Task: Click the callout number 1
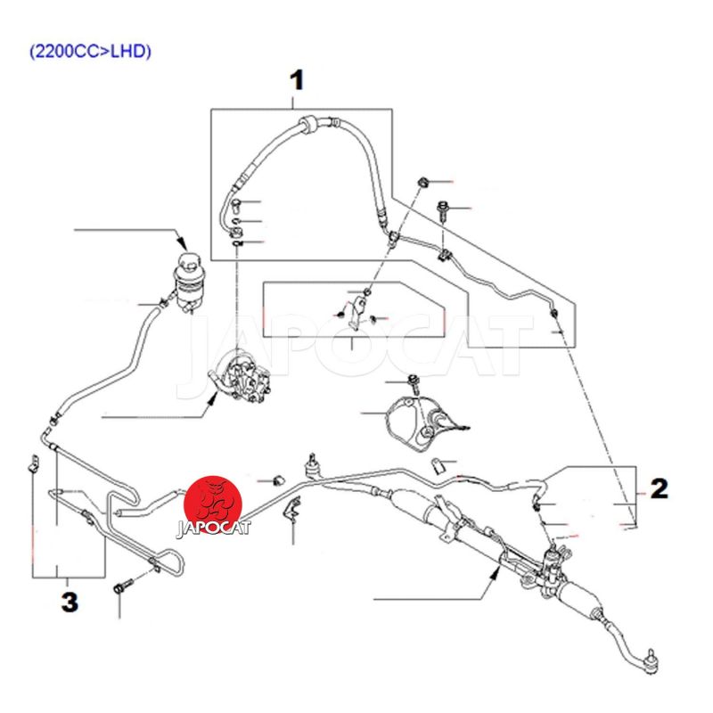296,81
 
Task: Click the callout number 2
659,488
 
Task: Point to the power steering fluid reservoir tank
188,277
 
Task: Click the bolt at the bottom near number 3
121,588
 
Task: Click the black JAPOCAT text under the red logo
215,527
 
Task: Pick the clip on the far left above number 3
33,463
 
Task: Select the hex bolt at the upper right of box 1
443,210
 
